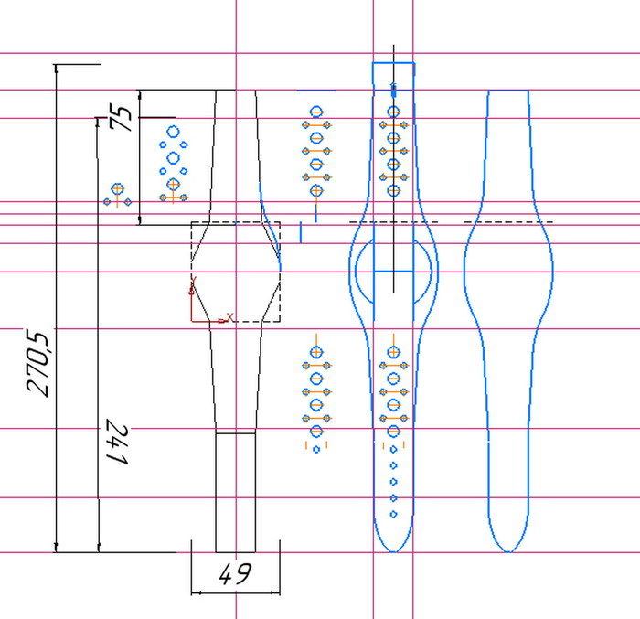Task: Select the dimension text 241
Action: pos(118,442)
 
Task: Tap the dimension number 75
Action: pos(121,117)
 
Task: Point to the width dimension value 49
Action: pos(236,573)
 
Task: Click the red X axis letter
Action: pos(229,317)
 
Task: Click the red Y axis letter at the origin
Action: pos(194,280)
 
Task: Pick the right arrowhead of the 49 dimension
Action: pos(276,592)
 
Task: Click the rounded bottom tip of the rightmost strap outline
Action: pos(508,551)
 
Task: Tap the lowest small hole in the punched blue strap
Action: pos(393,514)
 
